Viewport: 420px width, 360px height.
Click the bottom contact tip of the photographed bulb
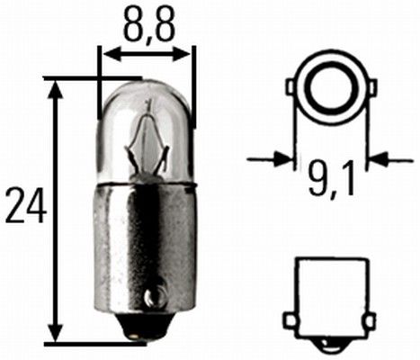coord(137,336)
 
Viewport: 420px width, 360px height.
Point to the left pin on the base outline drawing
coord(290,319)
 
